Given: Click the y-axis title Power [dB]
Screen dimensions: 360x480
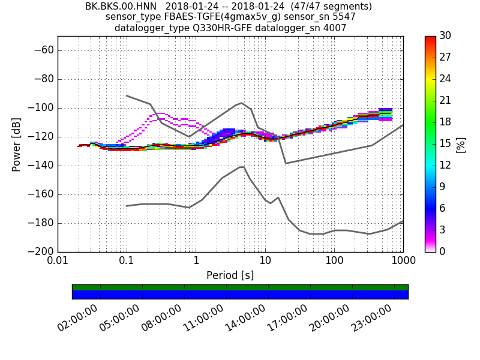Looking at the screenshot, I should (16, 144).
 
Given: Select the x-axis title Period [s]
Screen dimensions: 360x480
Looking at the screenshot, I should (230, 275).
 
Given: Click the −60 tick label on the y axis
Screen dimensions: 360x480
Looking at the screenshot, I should (42, 50).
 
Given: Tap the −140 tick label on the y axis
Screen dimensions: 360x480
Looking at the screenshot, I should (40, 166).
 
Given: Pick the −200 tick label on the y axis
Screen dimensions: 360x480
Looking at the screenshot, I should (40, 252).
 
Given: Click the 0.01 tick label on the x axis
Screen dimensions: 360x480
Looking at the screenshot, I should (58, 262).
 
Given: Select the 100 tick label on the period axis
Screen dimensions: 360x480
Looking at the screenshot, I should (334, 262).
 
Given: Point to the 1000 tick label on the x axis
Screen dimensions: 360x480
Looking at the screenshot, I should (403, 262).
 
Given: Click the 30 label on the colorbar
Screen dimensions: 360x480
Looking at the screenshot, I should (445, 36).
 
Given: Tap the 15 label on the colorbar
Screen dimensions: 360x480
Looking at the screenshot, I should (445, 144).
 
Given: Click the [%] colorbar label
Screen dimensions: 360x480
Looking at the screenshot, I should (461, 144).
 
